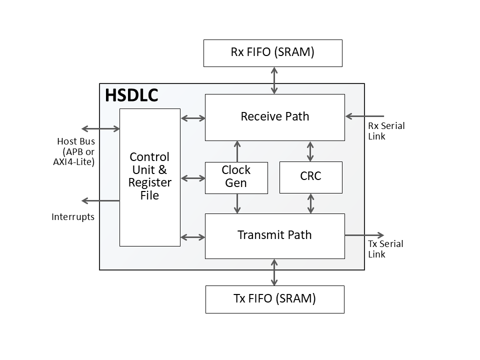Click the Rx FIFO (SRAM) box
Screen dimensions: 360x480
coord(272,53)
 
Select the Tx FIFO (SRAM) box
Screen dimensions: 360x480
coord(274,299)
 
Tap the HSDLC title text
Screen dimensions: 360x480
coord(131,95)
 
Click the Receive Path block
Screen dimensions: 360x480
coord(274,117)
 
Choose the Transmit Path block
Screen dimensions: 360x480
coord(274,235)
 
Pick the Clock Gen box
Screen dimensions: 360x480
coord(236,177)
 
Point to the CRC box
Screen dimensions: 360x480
coord(310,177)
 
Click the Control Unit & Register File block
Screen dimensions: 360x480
coord(149,177)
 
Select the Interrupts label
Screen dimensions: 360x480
coord(73,217)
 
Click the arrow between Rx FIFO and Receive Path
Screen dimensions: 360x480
coord(274,80)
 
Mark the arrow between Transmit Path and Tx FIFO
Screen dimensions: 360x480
coord(274,272)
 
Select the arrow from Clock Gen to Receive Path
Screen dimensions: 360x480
coord(237,151)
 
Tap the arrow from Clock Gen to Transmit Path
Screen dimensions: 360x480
coord(237,203)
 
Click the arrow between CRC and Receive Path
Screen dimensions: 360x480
coord(310,151)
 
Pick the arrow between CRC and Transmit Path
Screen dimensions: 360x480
coord(310,203)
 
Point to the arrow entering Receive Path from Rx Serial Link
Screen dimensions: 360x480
coord(364,116)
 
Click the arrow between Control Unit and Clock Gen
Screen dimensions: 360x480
coord(192,178)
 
